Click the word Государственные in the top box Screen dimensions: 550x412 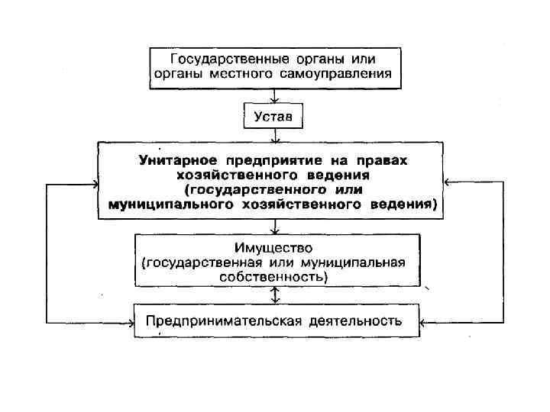click(x=215, y=59)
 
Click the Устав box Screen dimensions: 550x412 click(x=273, y=117)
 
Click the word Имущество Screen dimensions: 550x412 click(x=273, y=249)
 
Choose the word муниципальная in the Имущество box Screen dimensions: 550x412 click(x=361, y=263)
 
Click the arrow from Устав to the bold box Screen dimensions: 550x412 click(x=273, y=136)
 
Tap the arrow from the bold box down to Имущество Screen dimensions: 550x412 click(x=273, y=227)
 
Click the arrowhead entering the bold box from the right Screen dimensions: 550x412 click(x=449, y=182)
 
